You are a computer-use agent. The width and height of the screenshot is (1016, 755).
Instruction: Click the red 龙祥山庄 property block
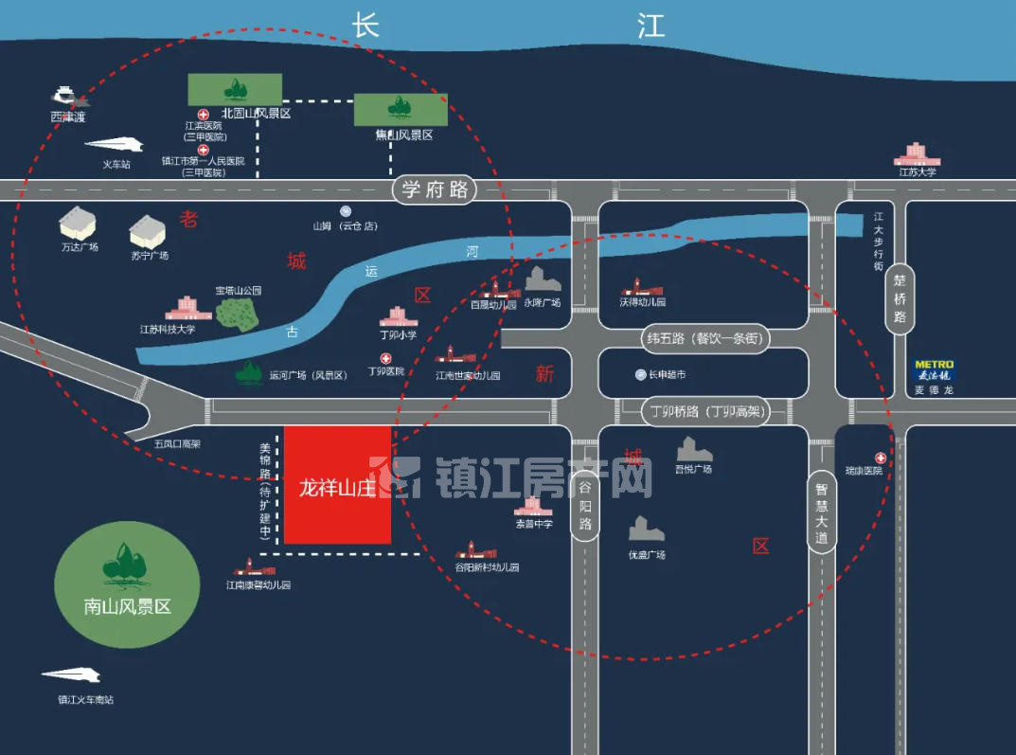point(338,485)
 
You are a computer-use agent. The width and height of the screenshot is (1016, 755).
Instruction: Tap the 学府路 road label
point(435,189)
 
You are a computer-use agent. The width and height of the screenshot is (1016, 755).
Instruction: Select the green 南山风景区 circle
point(127,583)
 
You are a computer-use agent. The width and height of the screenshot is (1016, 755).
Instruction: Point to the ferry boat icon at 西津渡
point(66,96)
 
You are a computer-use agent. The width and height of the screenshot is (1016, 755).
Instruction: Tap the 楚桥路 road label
point(900,297)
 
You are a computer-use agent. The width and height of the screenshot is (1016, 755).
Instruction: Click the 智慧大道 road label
point(821,512)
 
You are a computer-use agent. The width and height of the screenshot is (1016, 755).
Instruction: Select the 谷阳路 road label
point(585,506)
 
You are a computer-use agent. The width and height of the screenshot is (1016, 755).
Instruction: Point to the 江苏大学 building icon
point(916,153)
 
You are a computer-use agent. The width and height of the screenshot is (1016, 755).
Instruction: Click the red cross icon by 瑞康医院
point(880,458)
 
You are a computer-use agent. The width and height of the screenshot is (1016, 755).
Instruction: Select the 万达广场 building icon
point(78,224)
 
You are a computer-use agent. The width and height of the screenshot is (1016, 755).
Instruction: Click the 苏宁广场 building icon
point(148,231)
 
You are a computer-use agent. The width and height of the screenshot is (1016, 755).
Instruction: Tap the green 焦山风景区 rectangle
point(401,109)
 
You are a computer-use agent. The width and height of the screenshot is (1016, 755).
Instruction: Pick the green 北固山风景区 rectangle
point(234,89)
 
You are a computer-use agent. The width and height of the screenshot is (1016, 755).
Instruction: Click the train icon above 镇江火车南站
point(72,675)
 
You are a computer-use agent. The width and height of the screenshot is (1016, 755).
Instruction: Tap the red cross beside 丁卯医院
point(385,358)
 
